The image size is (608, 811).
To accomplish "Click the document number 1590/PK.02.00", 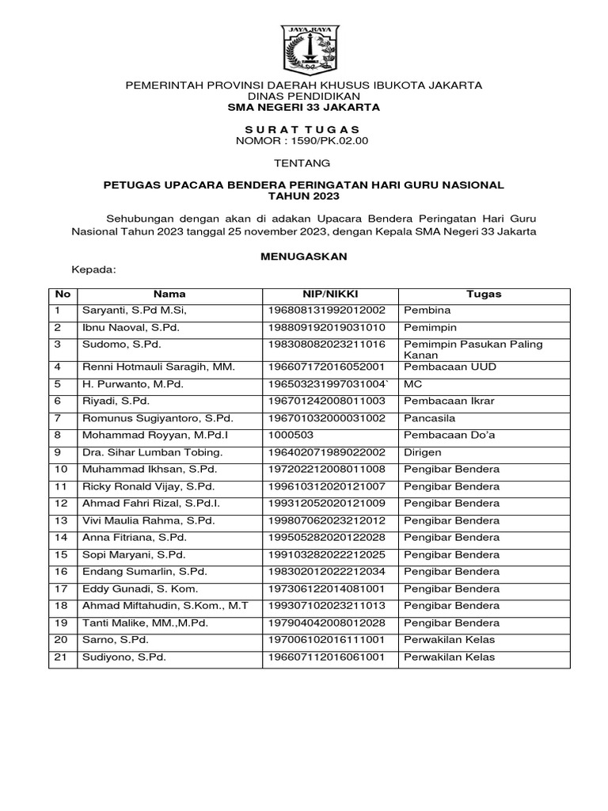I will click(302, 141).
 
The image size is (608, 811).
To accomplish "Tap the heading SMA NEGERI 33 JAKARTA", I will click(304, 106).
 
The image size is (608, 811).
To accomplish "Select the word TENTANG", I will click(304, 163).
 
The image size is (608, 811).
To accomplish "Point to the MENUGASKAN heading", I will click(304, 257).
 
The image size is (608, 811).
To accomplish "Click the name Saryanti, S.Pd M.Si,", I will click(134, 311).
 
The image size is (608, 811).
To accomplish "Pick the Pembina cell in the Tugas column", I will click(427, 311).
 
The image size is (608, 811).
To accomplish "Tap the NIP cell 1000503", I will click(291, 435).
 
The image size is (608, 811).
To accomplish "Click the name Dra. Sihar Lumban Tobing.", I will click(150, 452).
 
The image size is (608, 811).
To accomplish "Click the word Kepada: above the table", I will click(94, 270).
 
